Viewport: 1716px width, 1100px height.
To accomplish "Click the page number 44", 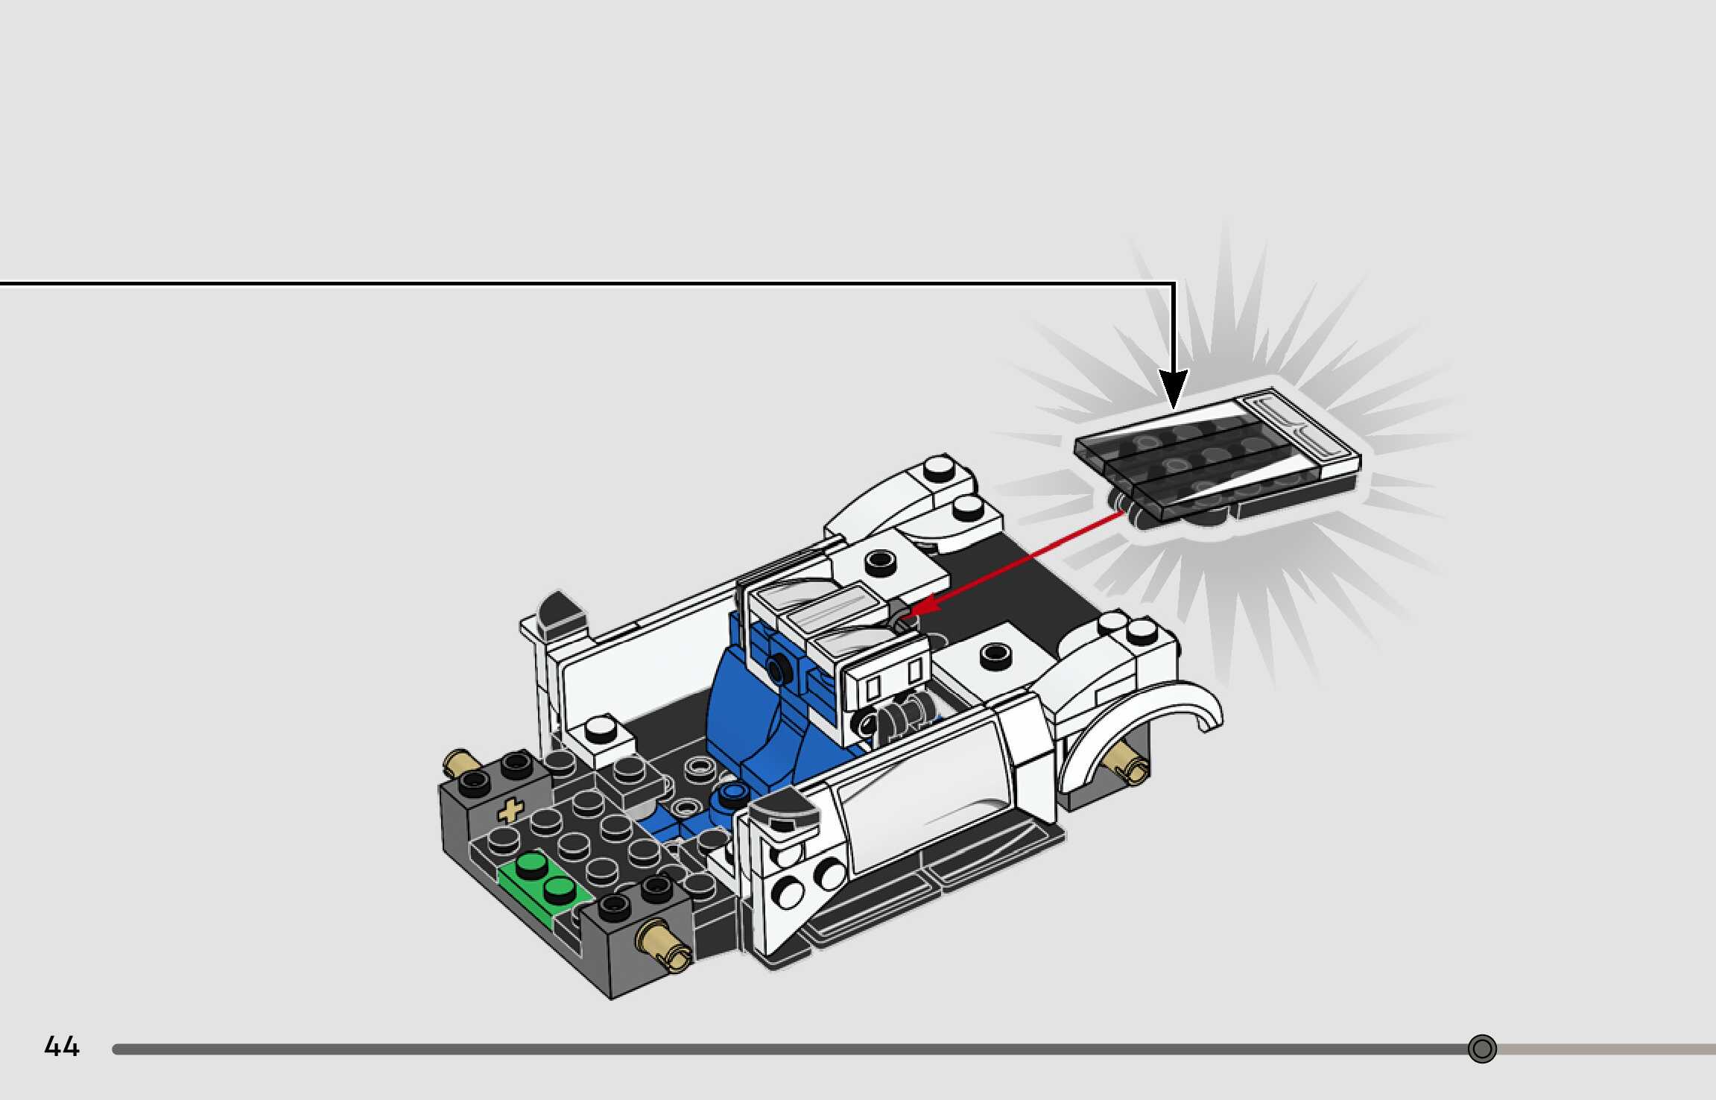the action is pyautogui.click(x=62, y=1047).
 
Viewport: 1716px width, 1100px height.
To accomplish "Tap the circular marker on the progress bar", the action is pyautogui.click(x=1481, y=1049).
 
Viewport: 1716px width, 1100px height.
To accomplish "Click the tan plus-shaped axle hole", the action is pyautogui.click(x=510, y=811).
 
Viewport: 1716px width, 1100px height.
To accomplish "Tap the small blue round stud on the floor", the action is pyautogui.click(x=735, y=793).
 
